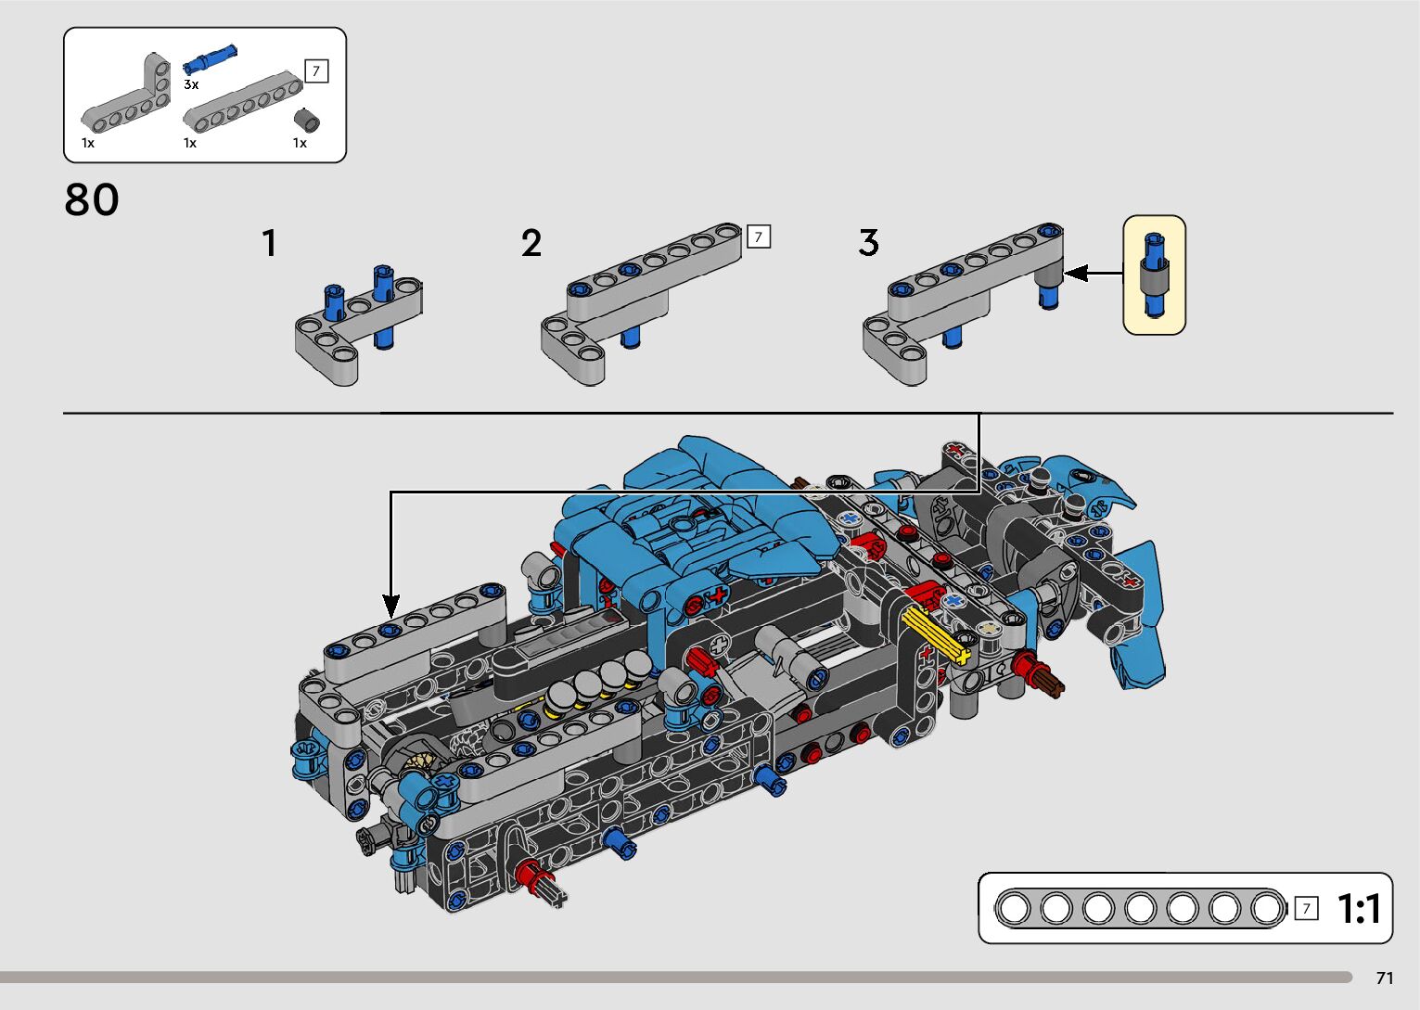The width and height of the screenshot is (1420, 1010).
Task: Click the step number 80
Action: [x=92, y=199]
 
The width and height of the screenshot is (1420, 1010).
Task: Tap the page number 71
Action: [x=1385, y=978]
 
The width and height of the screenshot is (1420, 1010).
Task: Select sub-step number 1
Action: [x=269, y=243]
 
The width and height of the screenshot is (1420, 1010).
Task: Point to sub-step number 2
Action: [x=531, y=243]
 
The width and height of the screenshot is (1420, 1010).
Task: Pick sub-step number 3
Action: [x=868, y=243]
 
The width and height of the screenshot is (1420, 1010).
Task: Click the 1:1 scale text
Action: [x=1359, y=909]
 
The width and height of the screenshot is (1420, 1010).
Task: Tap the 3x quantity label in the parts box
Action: [x=191, y=84]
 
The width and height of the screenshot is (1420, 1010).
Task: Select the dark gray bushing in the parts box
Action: [x=307, y=121]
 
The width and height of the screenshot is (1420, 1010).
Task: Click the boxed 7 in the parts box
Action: [x=316, y=71]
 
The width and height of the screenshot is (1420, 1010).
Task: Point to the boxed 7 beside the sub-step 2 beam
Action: [x=758, y=237]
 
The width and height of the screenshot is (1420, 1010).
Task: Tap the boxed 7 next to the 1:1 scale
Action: [x=1306, y=909]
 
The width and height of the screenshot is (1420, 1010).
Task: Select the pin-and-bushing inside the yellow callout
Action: [x=1154, y=275]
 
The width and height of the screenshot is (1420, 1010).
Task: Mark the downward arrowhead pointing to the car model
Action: [x=391, y=607]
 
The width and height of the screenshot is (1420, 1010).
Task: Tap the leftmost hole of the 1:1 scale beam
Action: [x=1014, y=908]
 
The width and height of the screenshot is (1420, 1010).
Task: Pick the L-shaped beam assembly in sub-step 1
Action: [x=357, y=321]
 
